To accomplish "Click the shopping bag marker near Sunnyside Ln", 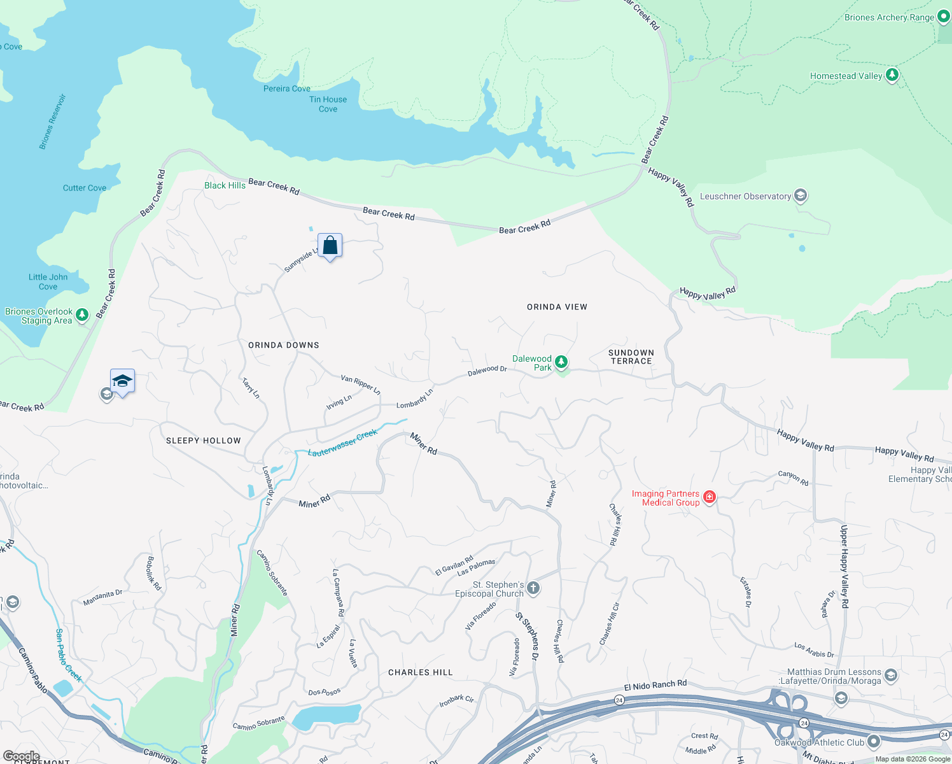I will [x=330, y=246].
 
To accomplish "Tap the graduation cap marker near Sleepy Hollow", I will [x=122, y=381].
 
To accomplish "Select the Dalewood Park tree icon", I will [x=561, y=362].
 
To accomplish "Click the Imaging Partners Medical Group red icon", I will [x=709, y=497].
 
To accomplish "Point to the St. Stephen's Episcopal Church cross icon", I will [x=533, y=588].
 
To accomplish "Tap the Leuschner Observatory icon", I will [x=801, y=195].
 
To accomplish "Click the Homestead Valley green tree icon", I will [x=892, y=75].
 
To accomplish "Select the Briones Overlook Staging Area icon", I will [x=82, y=315].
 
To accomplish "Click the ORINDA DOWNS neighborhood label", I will [x=284, y=345].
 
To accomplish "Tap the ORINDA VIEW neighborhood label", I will [x=557, y=307].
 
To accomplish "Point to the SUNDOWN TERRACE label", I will [x=631, y=357].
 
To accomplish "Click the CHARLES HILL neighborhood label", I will [x=420, y=672].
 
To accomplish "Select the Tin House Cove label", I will [x=328, y=104].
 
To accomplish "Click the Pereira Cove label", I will [x=286, y=88].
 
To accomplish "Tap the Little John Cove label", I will [x=48, y=281].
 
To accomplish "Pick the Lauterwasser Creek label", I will [x=342, y=443].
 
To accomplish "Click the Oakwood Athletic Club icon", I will [x=873, y=741].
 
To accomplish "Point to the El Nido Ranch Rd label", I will [x=655, y=685].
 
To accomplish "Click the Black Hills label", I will [x=225, y=185].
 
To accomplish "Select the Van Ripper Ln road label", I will [x=360, y=384].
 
